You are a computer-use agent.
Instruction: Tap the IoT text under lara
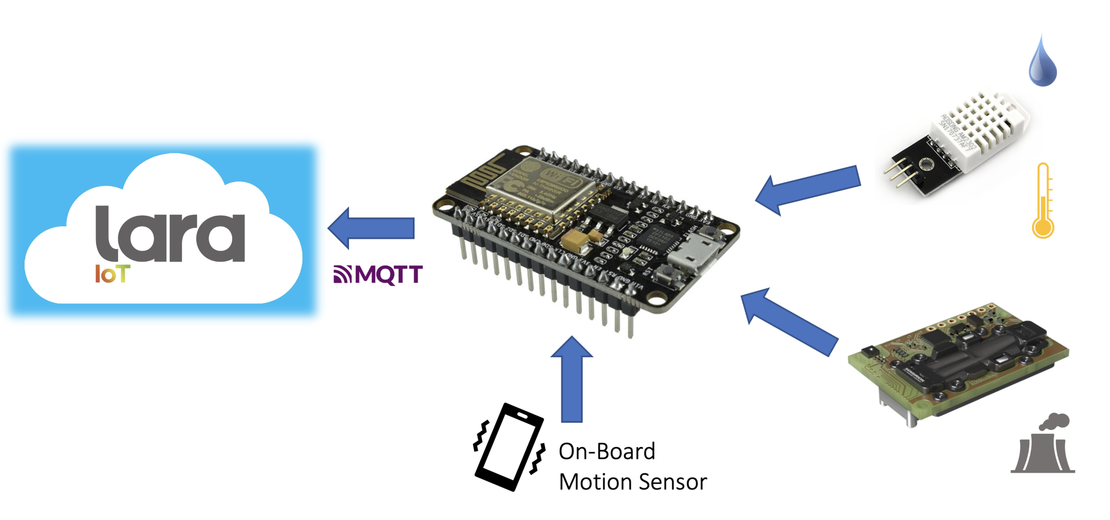(x=112, y=274)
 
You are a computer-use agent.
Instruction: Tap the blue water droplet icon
(x=1042, y=62)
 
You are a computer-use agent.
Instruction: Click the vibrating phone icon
(x=509, y=447)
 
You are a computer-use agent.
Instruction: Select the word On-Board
(x=607, y=452)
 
